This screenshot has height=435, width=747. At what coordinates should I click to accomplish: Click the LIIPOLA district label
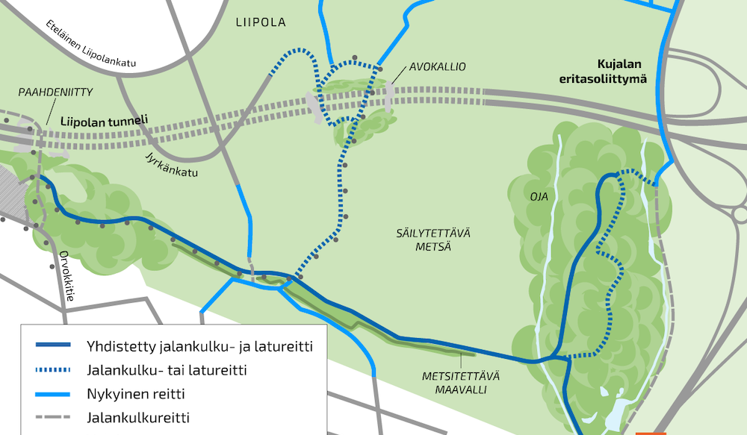(261, 22)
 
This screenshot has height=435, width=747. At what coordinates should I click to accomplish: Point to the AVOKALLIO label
(437, 67)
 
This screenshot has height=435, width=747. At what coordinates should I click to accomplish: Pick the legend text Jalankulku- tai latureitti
(167, 369)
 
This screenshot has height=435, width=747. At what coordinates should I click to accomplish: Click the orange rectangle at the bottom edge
(650, 432)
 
